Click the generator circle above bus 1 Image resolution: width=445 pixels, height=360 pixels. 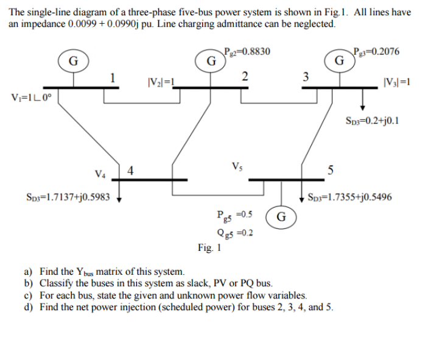(x=72, y=61)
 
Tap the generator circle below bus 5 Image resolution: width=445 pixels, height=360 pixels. (x=281, y=216)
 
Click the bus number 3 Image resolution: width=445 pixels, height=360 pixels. (x=305, y=77)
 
